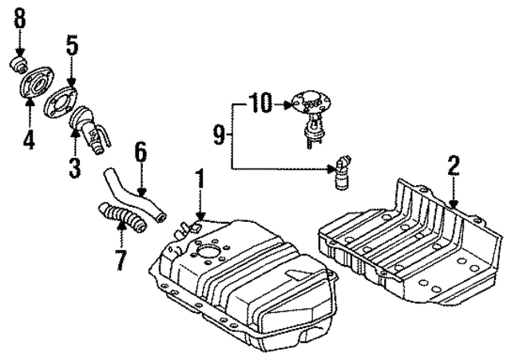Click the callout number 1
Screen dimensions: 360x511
point(200,178)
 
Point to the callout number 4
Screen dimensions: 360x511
point(29,140)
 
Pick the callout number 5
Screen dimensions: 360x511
point(72,45)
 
